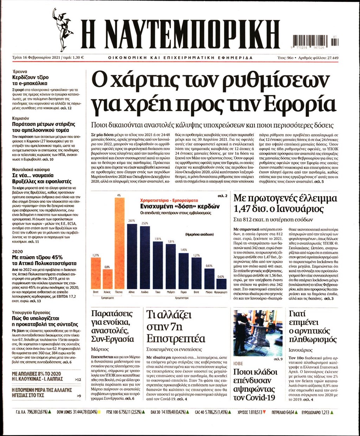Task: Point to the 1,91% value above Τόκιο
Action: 158,239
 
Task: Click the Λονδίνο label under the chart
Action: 144,292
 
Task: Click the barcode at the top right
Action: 315,41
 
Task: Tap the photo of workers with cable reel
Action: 258,333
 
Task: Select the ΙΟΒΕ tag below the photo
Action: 238,364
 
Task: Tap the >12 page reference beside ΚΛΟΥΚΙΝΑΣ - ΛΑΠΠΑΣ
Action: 78,379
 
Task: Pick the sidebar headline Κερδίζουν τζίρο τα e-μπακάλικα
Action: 31,80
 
